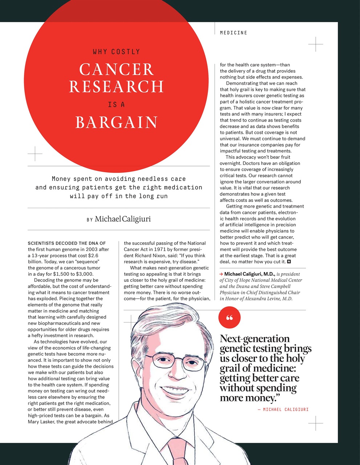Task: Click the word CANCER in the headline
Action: coord(116,69)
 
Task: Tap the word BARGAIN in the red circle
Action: coord(116,122)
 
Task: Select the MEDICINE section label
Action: coord(233,33)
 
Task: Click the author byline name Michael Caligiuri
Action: coord(123,219)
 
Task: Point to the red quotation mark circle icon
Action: coord(229,318)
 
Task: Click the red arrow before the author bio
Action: coord(221,274)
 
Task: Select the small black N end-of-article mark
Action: coord(289,262)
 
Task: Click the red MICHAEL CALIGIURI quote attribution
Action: coord(286,409)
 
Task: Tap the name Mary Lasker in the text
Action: coord(41,422)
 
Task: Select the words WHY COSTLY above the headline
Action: coord(116,52)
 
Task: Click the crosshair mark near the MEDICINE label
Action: coord(315,44)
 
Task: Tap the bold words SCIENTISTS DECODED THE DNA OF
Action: coord(66,243)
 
